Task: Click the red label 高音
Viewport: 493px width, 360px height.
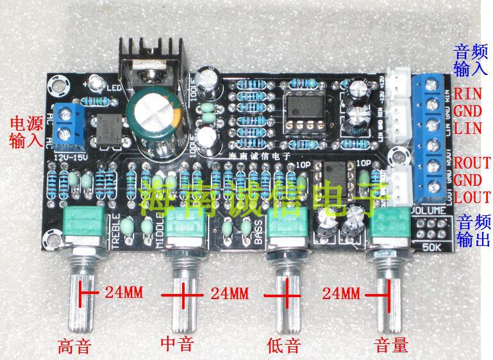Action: (x=74, y=347)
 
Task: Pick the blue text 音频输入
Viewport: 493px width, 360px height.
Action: (x=471, y=59)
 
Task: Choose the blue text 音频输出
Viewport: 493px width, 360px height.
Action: (x=474, y=231)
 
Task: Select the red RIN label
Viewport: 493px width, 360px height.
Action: (x=468, y=94)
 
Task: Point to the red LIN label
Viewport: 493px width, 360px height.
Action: (x=468, y=128)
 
